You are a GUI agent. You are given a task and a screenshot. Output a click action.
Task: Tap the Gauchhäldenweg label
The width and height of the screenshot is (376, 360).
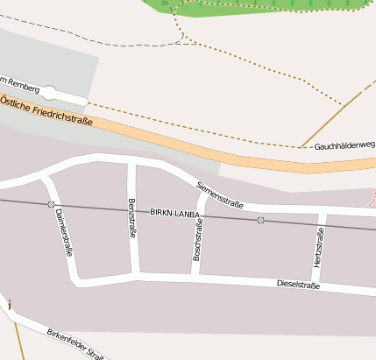(x=344, y=145)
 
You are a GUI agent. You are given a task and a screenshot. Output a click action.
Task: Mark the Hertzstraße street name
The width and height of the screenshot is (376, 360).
(x=318, y=247)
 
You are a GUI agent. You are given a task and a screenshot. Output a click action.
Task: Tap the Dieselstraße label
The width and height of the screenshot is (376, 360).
(x=298, y=285)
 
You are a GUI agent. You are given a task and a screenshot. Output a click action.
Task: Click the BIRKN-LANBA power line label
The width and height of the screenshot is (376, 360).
(x=175, y=213)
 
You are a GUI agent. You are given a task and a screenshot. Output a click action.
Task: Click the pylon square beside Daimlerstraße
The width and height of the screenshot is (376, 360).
(x=51, y=204)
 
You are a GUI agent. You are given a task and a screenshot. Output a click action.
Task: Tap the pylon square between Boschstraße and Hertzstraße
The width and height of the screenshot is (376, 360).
(x=260, y=220)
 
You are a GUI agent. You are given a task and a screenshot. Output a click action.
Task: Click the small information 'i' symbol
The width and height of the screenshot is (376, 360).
(x=10, y=305)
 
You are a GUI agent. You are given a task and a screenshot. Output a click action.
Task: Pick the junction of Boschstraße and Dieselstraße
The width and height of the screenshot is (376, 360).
(x=194, y=277)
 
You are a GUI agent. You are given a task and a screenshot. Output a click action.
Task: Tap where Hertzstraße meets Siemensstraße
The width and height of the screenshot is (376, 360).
(x=323, y=211)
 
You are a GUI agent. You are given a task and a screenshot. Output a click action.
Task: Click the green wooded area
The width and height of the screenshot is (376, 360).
(x=263, y=5)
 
